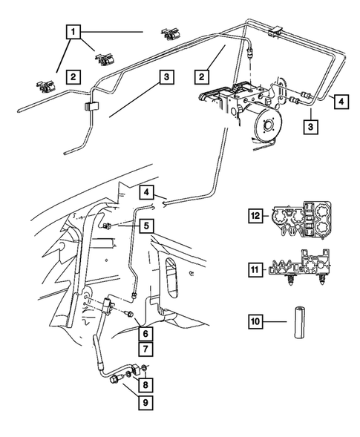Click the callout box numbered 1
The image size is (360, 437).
point(73,32)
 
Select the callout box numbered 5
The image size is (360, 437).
point(146,226)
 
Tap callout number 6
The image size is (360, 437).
point(145,333)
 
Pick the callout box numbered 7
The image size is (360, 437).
point(145,349)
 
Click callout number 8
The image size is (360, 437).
point(145,385)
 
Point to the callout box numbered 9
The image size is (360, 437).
point(145,402)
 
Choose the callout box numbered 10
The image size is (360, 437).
point(255,321)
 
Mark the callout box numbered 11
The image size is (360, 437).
point(255,270)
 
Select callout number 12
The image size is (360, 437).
point(255,215)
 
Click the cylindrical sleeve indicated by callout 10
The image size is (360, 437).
point(300,322)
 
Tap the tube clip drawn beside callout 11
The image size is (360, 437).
point(299,267)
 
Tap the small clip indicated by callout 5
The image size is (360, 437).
point(107,226)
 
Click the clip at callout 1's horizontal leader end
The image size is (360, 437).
point(169,33)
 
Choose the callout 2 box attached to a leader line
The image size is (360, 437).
point(201,76)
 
